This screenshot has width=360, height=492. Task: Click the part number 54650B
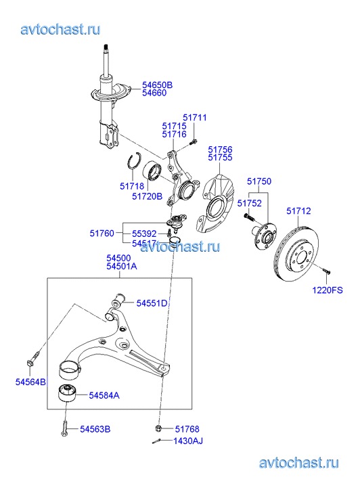[157, 85]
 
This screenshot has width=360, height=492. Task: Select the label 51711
[195, 118]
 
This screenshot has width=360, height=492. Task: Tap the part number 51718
[132, 186]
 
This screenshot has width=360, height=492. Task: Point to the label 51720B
[148, 196]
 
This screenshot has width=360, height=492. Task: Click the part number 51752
[249, 203]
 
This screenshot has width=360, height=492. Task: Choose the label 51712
[298, 211]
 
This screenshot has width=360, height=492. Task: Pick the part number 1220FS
[328, 290]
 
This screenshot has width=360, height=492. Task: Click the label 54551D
[152, 303]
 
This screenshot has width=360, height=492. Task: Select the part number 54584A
[104, 395]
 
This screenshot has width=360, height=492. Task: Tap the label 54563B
[95, 429]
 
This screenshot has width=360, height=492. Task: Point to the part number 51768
[187, 429]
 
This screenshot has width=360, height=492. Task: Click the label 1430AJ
[188, 441]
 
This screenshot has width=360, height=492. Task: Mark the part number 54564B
[30, 382]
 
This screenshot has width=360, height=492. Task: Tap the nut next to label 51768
[158, 428]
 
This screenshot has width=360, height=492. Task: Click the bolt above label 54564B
[33, 359]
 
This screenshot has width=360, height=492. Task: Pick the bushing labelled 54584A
[67, 392]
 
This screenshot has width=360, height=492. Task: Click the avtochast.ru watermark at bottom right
[299, 463]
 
